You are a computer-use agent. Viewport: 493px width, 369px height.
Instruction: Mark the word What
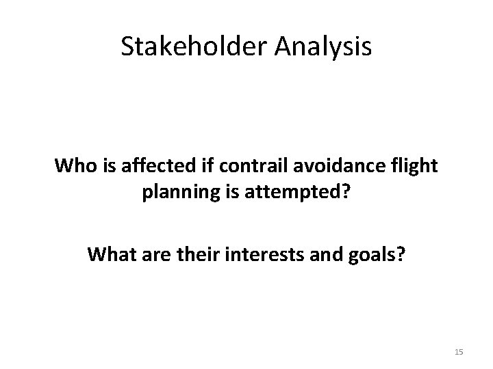[x=108, y=255]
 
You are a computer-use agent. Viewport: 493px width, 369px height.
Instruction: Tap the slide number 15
[x=459, y=351]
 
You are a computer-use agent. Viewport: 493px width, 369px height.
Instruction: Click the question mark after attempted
[x=345, y=194]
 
